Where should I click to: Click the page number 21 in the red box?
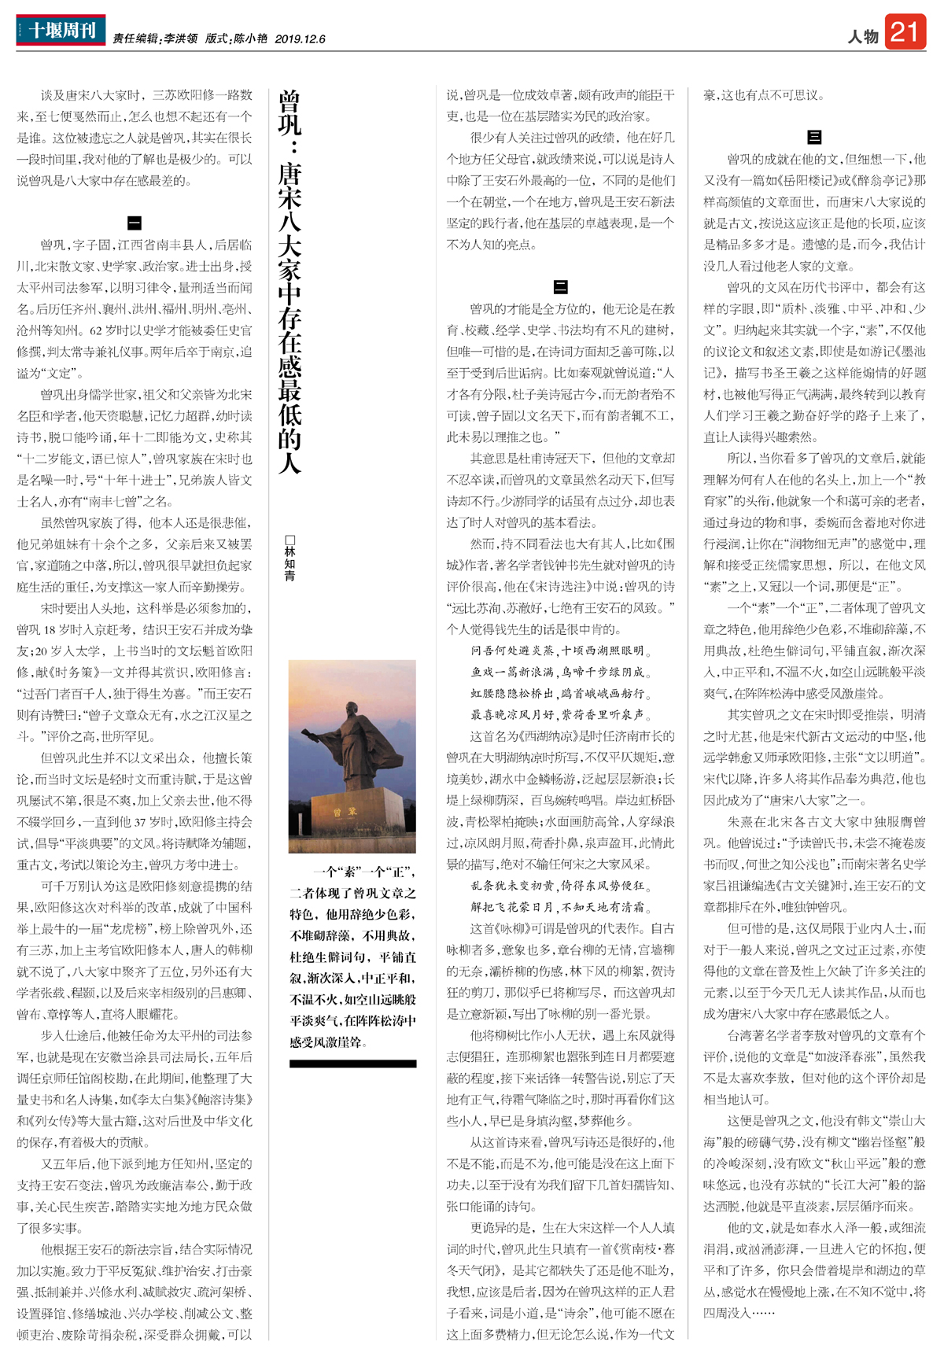coord(905,31)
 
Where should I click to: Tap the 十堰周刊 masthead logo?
coord(61,31)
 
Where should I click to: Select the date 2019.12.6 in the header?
coord(300,39)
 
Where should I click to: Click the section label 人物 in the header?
coord(863,36)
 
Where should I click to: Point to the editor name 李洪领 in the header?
coord(181,39)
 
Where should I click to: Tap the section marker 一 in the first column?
coord(135,223)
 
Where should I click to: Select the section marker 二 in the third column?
coord(561,287)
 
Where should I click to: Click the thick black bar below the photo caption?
coord(352,1064)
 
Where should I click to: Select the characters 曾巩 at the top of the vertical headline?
coord(289,112)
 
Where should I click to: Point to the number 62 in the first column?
coord(96,330)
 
